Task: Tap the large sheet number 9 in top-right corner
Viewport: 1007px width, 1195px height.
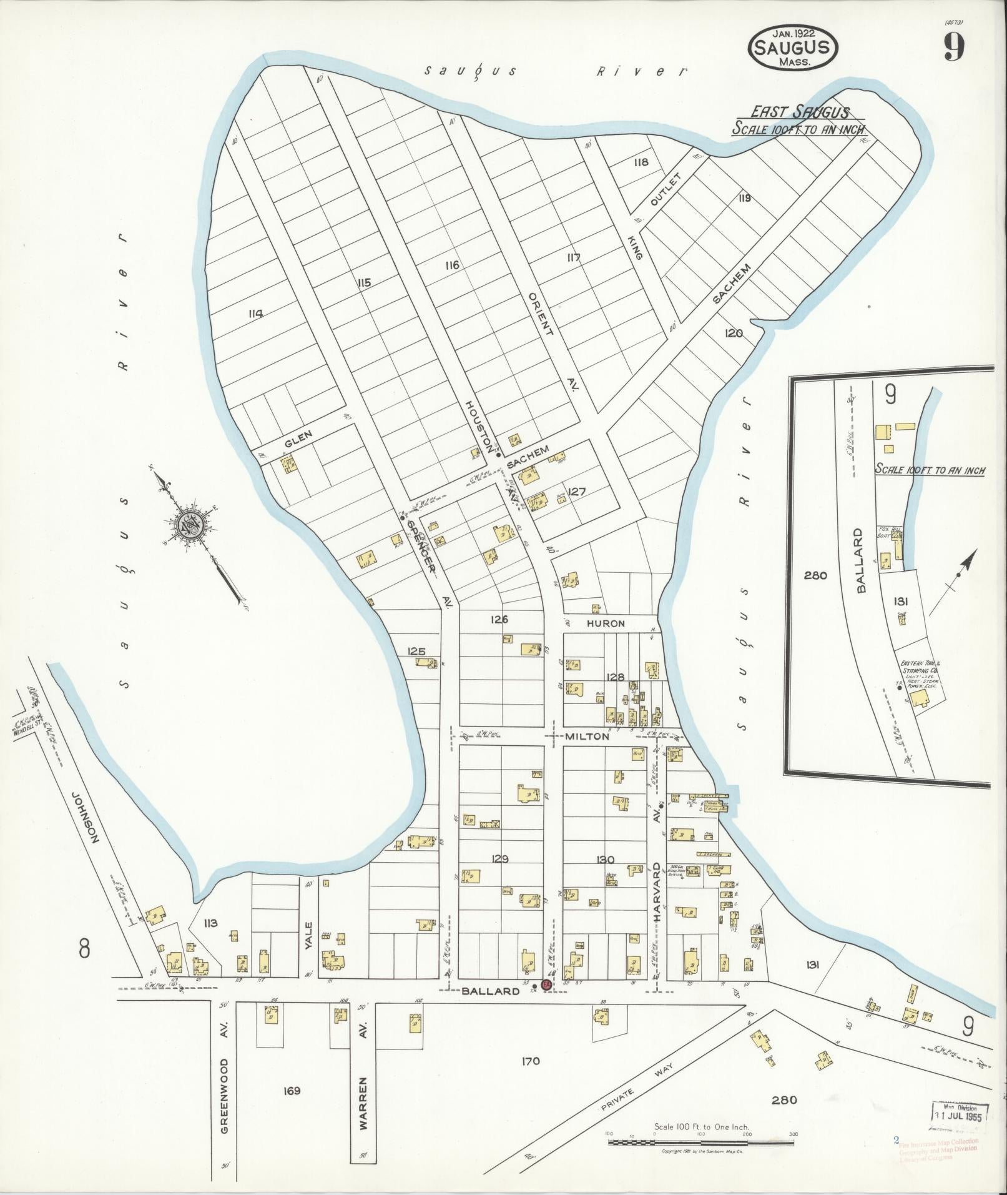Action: coord(953,47)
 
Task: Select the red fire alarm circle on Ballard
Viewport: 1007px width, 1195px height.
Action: coord(545,984)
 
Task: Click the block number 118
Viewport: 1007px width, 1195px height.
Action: coord(641,162)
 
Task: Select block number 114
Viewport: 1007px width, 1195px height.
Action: coord(255,314)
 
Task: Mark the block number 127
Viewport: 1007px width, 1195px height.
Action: coord(577,492)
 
